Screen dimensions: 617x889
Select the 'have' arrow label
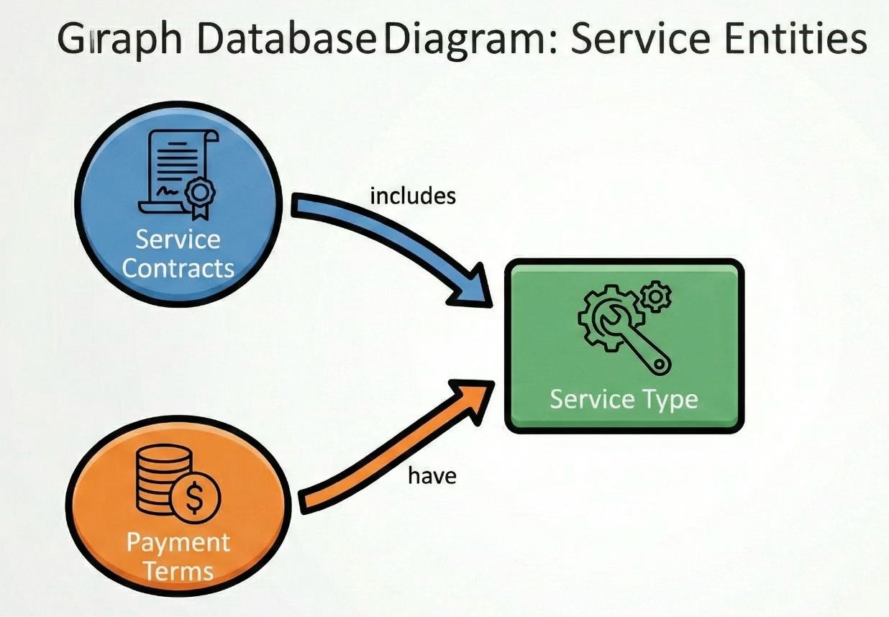pyautogui.click(x=432, y=475)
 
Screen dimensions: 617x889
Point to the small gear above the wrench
pyautogui.click(x=655, y=296)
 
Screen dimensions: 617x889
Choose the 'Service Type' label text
pyautogui.click(x=624, y=399)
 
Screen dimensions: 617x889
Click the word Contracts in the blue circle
pyautogui.click(x=178, y=268)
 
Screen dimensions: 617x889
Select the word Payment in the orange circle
pyautogui.click(x=178, y=542)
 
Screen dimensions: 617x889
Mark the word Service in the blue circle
pyautogui.click(x=178, y=238)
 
